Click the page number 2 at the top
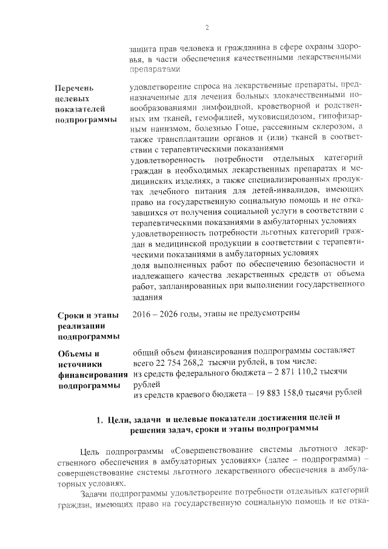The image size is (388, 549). [206, 27]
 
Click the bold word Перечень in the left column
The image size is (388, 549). [75, 89]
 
